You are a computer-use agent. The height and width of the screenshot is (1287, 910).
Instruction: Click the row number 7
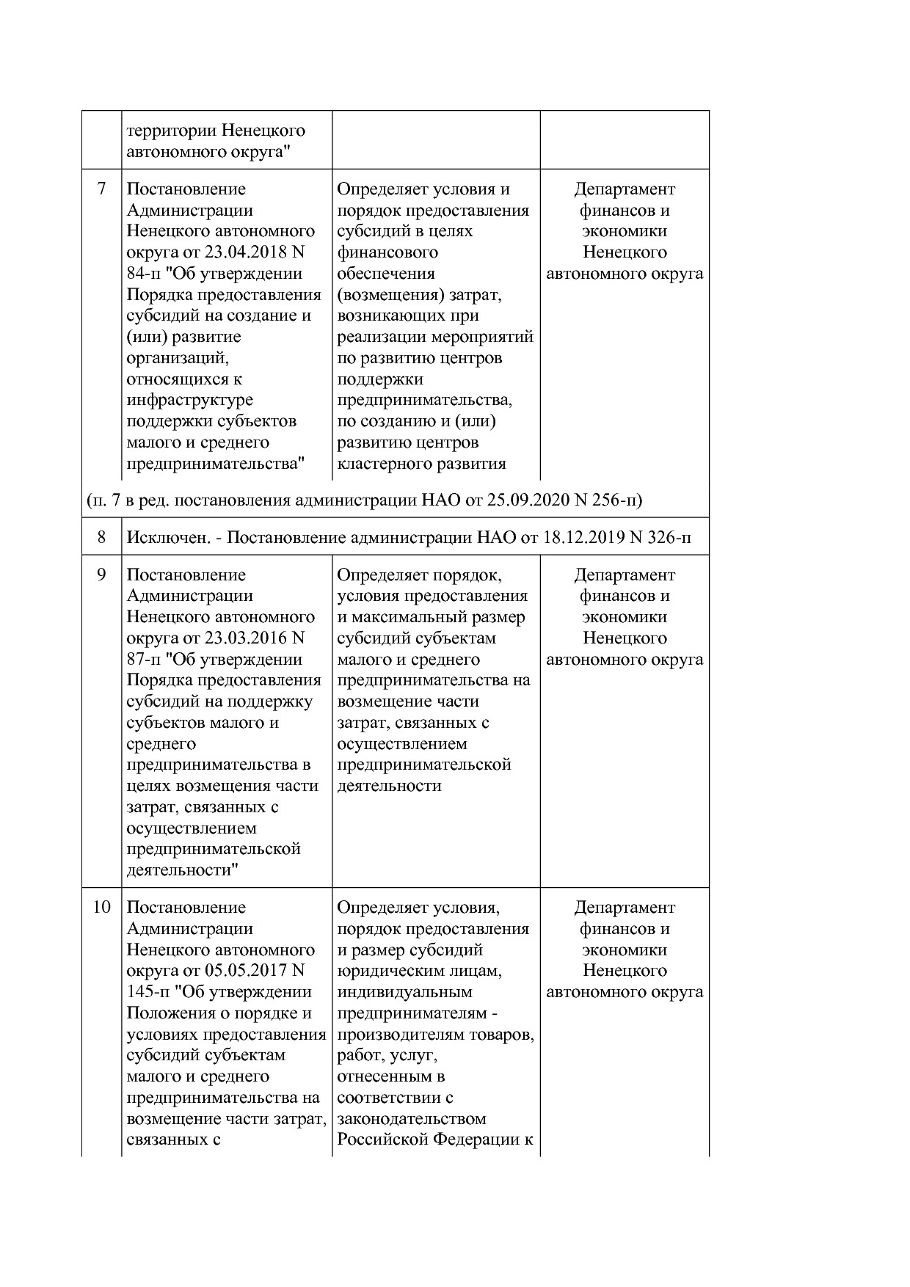[x=101, y=189]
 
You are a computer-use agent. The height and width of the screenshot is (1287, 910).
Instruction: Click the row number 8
[x=101, y=538]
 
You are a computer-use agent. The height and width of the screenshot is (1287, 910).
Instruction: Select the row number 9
[x=101, y=575]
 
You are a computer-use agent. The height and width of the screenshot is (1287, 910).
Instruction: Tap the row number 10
[x=101, y=908]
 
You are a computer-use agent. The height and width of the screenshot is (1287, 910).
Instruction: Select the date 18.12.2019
[x=584, y=538]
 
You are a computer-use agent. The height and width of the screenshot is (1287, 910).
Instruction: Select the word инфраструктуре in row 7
[x=189, y=401]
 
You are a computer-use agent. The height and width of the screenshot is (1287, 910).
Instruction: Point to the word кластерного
[x=385, y=464]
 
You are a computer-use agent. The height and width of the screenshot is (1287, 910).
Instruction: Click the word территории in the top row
[x=171, y=131]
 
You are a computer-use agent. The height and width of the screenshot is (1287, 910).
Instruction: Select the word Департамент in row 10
[x=625, y=908]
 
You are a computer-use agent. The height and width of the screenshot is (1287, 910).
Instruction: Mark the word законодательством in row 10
[x=412, y=1119]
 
